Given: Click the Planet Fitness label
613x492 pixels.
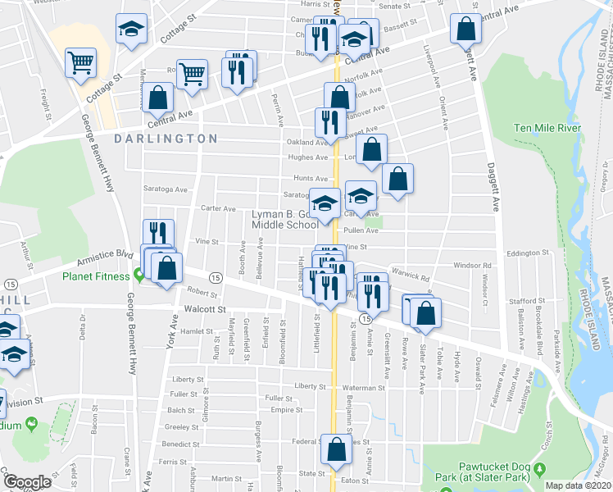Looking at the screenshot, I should (97, 276).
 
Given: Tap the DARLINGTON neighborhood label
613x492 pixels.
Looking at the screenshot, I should (166, 139).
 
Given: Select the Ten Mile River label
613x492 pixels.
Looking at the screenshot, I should (547, 129).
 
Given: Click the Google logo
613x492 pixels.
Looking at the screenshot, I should (27, 482).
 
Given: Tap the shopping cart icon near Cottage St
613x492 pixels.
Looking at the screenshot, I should (81, 62).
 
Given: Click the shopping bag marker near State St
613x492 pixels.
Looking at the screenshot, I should (336, 449).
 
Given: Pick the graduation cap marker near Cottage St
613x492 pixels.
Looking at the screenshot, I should (130, 30).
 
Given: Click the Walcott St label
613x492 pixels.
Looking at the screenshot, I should (205, 309).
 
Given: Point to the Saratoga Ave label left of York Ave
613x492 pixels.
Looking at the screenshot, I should (166, 189).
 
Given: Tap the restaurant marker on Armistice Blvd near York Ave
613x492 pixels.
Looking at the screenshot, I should (159, 235).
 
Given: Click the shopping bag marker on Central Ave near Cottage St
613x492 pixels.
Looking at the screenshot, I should (157, 98).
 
